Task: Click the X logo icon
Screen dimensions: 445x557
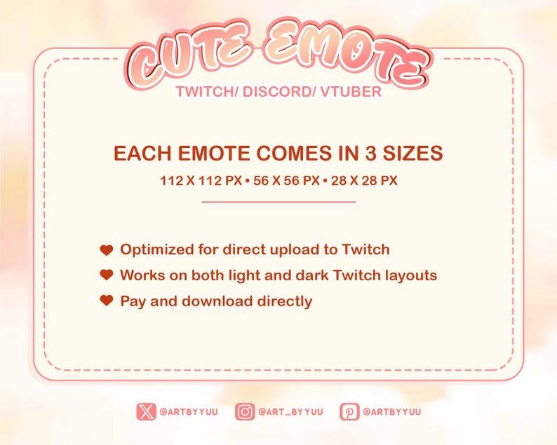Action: pyautogui.click(x=147, y=411)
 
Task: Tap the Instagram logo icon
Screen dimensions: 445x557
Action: pyautogui.click(x=244, y=411)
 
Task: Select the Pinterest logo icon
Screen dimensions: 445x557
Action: pyautogui.click(x=349, y=411)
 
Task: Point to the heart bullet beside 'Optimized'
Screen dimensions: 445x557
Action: pyautogui.click(x=107, y=249)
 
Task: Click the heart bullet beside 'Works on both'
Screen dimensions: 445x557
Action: pyautogui.click(x=107, y=275)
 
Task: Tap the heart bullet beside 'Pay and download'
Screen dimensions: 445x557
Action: pyautogui.click(x=107, y=301)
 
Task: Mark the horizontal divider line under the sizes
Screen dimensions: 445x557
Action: pyautogui.click(x=278, y=202)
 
